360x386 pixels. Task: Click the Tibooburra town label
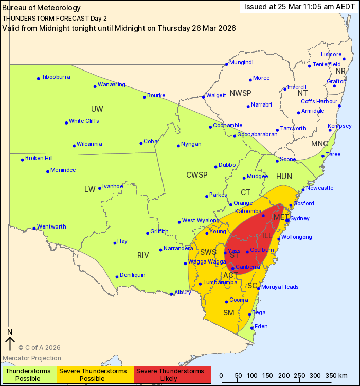pos(56,77)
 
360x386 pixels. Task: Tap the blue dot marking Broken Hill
pos(23,160)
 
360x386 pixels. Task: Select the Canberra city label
pos(247,267)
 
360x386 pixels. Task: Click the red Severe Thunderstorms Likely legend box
pos(172,375)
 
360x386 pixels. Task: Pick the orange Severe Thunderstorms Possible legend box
pos(95,375)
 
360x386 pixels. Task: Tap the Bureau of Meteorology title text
pos(42,8)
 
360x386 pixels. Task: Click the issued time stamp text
pos(300,7)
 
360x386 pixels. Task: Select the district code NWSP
pos(240,93)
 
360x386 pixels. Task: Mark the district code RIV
pos(142,255)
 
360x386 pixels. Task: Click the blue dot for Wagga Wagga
pos(185,264)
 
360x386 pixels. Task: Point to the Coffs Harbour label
pos(319,101)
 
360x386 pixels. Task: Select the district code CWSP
pos(196,175)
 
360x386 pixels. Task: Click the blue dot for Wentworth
pos(34,228)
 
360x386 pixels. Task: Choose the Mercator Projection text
pos(32,358)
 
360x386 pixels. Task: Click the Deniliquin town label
pos(132,275)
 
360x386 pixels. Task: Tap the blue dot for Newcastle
pos(303,189)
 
